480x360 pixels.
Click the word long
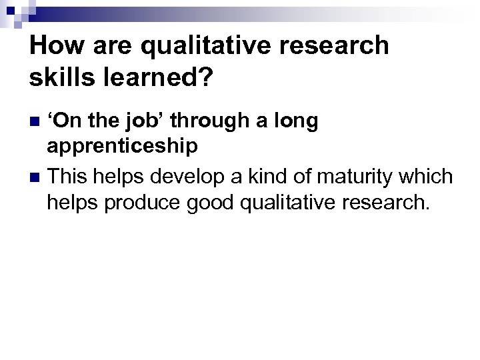293,122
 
